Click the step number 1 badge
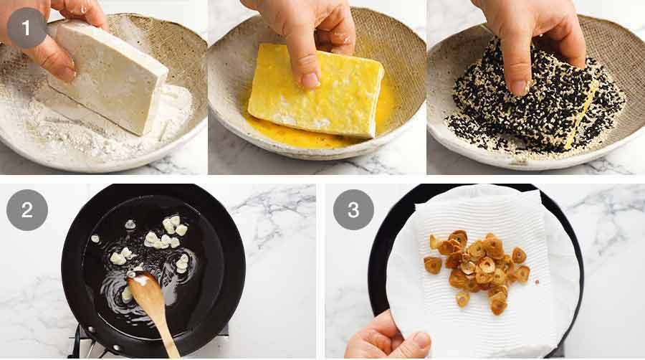[27, 28]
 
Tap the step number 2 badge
[27, 209]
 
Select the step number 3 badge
[353, 209]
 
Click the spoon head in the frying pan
[143, 287]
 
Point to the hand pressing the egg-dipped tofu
[301, 36]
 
